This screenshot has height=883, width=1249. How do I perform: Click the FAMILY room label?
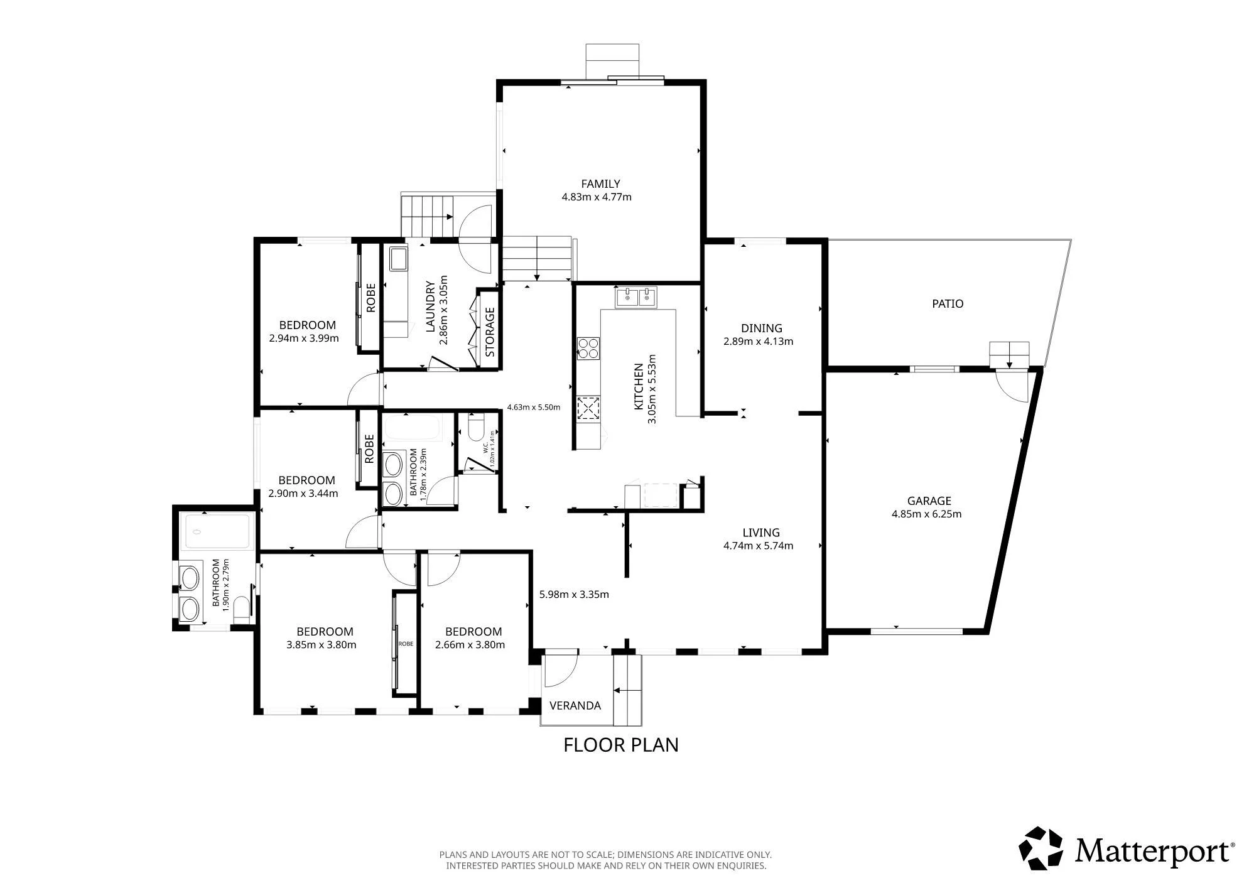pyautogui.click(x=600, y=184)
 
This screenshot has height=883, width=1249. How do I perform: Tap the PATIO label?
pyautogui.click(x=947, y=304)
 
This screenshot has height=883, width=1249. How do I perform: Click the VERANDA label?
pyautogui.click(x=575, y=705)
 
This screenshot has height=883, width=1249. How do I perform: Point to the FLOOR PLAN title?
pyautogui.click(x=620, y=745)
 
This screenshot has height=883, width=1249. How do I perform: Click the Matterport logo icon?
pyautogui.click(x=1041, y=848)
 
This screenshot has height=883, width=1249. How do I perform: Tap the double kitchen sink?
pyautogui.click(x=635, y=298)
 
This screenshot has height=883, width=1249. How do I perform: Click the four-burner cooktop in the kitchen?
pyautogui.click(x=588, y=348)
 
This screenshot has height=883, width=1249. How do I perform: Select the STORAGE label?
pyautogui.click(x=490, y=331)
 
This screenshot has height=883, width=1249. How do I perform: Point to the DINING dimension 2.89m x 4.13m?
pyautogui.click(x=758, y=342)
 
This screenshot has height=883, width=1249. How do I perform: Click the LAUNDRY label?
pyautogui.click(x=430, y=306)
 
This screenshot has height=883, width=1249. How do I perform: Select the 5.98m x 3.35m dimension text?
pyautogui.click(x=574, y=594)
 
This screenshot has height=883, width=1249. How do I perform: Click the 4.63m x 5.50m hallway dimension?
pyautogui.click(x=533, y=407)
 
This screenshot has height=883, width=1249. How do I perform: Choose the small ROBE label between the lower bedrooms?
pyautogui.click(x=406, y=644)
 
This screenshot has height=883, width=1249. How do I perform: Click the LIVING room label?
pyautogui.click(x=760, y=533)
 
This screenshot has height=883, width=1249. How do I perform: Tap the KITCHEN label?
pyautogui.click(x=639, y=387)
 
